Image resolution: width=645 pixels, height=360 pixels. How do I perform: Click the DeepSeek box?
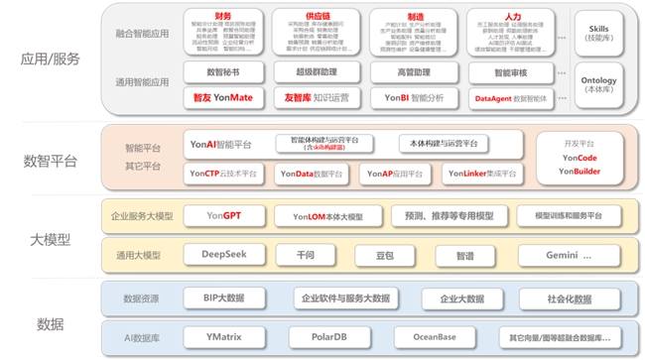223,255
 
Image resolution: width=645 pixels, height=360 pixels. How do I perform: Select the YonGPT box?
223,215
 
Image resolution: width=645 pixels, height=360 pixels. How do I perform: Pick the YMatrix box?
223,335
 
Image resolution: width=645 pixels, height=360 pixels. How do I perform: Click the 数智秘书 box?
223,72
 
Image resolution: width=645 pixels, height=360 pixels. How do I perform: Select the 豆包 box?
383,255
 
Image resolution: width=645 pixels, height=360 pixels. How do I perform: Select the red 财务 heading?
222,15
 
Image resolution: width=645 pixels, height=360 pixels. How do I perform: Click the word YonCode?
580,158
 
